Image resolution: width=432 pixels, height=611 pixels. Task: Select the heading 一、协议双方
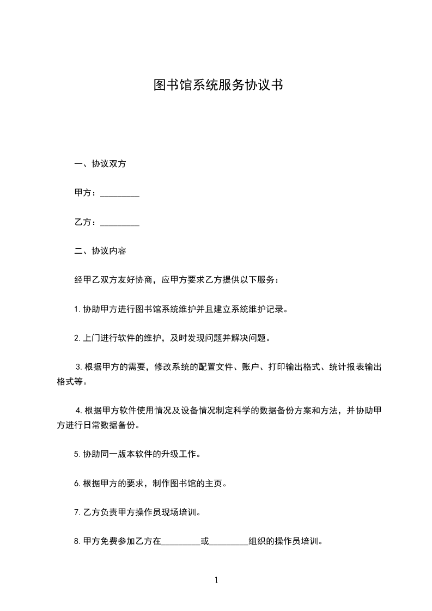pyautogui.click(x=100, y=164)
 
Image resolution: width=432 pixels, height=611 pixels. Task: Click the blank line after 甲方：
pyautogui.click(x=120, y=194)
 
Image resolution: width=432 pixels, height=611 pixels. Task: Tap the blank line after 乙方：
pyautogui.click(x=120, y=223)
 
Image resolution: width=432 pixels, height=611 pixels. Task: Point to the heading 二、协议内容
pyautogui.click(x=100, y=252)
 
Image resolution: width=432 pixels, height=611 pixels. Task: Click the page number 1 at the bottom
pyautogui.click(x=216, y=581)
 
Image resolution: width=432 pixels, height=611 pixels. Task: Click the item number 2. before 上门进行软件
pyautogui.click(x=77, y=339)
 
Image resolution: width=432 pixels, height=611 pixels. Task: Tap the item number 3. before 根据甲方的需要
pyautogui.click(x=79, y=368)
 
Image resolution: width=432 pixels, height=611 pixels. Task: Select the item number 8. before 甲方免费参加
pyautogui.click(x=77, y=542)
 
